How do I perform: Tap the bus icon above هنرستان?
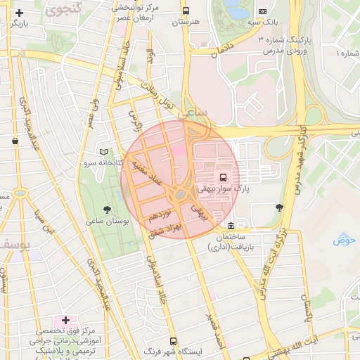pyautogui.click(x=186, y=11)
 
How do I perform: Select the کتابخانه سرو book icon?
pyautogui.click(x=104, y=152)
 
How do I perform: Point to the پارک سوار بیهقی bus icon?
pyautogui.click(x=223, y=177)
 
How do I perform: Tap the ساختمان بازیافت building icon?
pyautogui.click(x=232, y=226)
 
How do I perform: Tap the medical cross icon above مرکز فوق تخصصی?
pyautogui.click(x=65, y=321)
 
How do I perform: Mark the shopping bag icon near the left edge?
pyautogui.click(x=15, y=141)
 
